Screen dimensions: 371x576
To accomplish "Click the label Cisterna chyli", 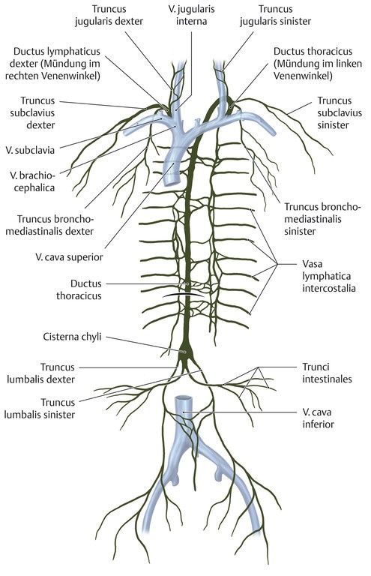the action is tap(72, 337).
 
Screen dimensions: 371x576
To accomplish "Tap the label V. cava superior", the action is tap(70, 257).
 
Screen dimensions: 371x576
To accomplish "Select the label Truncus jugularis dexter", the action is tap(109, 15).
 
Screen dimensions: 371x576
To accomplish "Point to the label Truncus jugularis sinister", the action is tap(275, 15).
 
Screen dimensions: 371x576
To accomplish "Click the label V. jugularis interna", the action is tap(191, 15).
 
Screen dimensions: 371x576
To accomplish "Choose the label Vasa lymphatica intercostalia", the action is tap(329, 276).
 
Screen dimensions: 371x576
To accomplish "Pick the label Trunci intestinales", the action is tap(327, 373).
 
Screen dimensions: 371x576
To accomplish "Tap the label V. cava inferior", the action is tap(318, 418).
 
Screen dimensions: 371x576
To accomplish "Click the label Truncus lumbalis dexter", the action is tap(40, 373).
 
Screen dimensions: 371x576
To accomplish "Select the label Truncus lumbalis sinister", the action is tap(40, 409).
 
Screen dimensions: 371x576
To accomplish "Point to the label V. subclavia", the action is tap(30, 150).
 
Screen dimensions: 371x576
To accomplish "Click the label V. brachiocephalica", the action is tap(32, 181).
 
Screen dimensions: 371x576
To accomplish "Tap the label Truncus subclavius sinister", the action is tap(340, 112).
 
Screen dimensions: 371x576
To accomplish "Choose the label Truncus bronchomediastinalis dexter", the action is tap(55, 225).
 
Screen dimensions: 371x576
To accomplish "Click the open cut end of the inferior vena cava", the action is tap(183, 398).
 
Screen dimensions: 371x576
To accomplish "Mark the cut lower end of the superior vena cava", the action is tap(171, 181).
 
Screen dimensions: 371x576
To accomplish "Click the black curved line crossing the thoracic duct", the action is tap(184, 295).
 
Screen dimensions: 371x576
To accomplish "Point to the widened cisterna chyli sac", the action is tap(184, 350).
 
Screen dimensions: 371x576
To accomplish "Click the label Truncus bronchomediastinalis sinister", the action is tap(322, 219).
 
